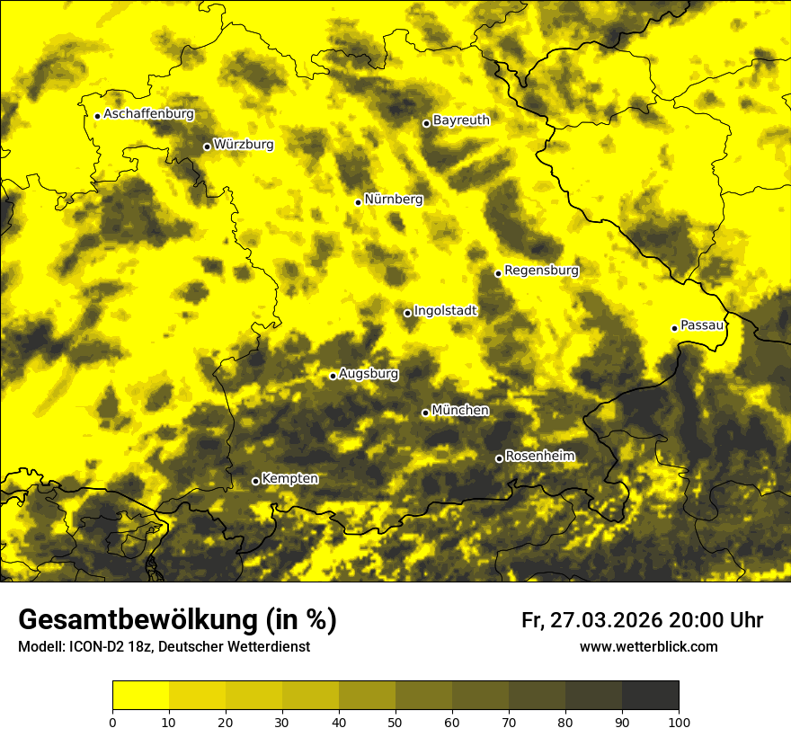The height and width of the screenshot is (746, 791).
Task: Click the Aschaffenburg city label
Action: pyautogui.click(x=148, y=114)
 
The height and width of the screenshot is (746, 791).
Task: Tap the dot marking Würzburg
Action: pyautogui.click(x=207, y=147)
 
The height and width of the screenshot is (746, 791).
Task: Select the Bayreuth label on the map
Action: pyautogui.click(x=461, y=120)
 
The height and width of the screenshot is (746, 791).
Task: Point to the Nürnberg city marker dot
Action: pyautogui.click(x=358, y=202)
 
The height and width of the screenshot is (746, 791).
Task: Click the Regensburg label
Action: pyautogui.click(x=541, y=271)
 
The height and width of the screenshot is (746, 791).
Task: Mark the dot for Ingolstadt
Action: pyautogui.click(x=407, y=313)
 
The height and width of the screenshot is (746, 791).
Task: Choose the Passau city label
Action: pyautogui.click(x=702, y=325)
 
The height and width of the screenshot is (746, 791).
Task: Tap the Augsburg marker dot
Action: pyautogui.click(x=333, y=376)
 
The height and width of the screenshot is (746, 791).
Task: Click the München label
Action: pyautogui.click(x=460, y=411)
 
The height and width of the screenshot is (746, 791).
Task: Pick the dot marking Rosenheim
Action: pyautogui.click(x=499, y=459)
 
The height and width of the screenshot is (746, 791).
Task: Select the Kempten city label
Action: pyautogui.click(x=289, y=479)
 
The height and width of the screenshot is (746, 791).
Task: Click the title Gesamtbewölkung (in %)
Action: pyautogui.click(x=177, y=620)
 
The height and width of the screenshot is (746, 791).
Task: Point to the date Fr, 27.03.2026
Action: pyautogui.click(x=591, y=620)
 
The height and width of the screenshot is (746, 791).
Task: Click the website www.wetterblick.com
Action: pyautogui.click(x=648, y=646)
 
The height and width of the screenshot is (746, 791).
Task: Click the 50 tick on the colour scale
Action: pyautogui.click(x=395, y=722)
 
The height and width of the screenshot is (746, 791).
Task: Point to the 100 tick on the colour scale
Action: pyautogui.click(x=679, y=722)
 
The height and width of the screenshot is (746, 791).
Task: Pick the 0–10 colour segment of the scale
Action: pyautogui.click(x=140, y=695)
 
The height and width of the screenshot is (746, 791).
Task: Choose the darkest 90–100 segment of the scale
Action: pyautogui.click(x=650, y=695)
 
